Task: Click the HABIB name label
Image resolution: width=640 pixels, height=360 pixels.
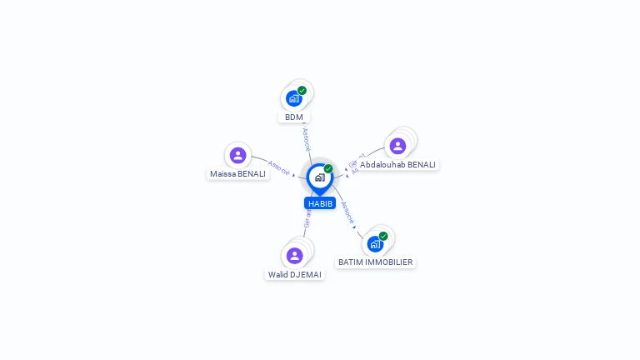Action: pyautogui.click(x=320, y=203)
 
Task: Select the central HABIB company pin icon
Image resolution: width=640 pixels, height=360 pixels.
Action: pyautogui.click(x=319, y=177)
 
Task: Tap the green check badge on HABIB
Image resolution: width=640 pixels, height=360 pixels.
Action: pyautogui.click(x=328, y=169)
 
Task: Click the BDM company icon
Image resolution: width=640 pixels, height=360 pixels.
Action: pyautogui.click(x=293, y=98)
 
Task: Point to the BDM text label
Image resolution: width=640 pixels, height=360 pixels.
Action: pyautogui.click(x=293, y=117)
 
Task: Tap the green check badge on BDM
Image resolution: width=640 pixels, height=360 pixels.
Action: pyautogui.click(x=302, y=91)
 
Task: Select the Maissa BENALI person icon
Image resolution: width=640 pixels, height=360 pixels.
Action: pyautogui.click(x=237, y=155)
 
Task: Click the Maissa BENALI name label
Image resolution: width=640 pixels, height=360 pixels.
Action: pyautogui.click(x=237, y=174)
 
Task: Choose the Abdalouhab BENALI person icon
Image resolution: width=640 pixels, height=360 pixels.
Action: pyautogui.click(x=397, y=146)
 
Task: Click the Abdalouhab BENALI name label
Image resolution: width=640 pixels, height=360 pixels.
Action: pyautogui.click(x=397, y=165)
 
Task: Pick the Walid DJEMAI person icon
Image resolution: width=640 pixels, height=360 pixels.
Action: pyautogui.click(x=294, y=256)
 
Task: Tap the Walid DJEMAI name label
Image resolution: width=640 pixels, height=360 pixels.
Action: pyautogui.click(x=294, y=274)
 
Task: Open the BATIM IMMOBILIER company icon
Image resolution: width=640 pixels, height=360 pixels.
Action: pyautogui.click(x=375, y=243)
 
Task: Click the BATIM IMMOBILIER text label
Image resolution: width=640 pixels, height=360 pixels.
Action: pyautogui.click(x=375, y=262)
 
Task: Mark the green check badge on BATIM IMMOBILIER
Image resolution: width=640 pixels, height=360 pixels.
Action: pyautogui.click(x=383, y=236)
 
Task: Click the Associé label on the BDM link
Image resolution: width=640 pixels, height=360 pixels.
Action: pyautogui.click(x=306, y=138)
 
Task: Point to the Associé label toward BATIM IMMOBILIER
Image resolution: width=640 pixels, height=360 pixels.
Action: pyautogui.click(x=348, y=212)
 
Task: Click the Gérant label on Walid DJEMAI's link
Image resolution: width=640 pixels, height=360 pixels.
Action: pyautogui.click(x=307, y=218)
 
